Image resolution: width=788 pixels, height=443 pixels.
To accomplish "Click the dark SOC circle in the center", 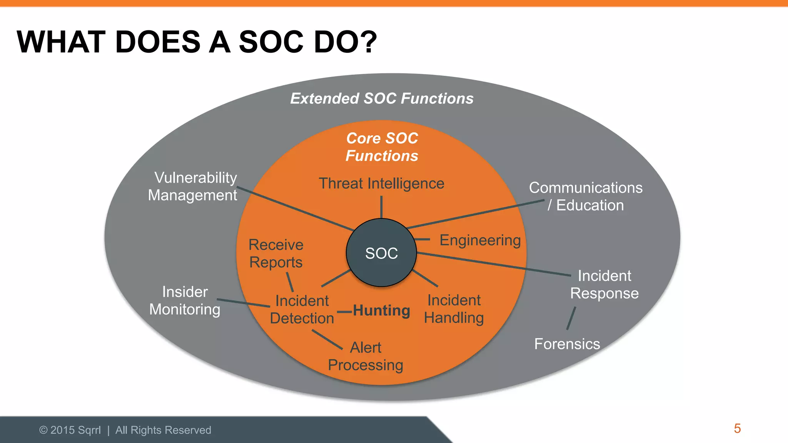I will [381, 253].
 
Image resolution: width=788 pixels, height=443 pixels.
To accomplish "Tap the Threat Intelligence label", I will [381, 184].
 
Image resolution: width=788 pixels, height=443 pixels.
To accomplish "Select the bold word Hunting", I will [381, 310].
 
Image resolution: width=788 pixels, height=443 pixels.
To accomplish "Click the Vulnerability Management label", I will [193, 187].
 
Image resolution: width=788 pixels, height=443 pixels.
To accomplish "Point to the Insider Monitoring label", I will [185, 301].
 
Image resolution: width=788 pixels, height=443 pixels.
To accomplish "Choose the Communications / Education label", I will [586, 197].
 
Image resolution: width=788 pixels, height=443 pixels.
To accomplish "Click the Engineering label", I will [480, 240].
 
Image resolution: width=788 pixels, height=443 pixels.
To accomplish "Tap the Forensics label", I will [567, 344].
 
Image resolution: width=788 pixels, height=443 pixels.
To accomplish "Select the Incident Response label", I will [604, 285].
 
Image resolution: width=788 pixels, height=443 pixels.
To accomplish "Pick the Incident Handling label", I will [454, 309].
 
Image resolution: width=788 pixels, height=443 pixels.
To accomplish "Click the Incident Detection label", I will [302, 310].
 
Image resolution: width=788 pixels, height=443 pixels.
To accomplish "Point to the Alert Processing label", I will [366, 356].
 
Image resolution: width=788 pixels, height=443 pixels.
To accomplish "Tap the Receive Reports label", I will [276, 253].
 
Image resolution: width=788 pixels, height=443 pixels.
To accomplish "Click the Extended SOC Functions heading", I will [382, 98].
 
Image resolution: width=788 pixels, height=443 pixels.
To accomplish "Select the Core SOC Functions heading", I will [382, 147].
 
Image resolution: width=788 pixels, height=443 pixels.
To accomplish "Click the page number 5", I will [737, 428].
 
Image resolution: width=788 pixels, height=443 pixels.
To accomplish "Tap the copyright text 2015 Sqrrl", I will [70, 430].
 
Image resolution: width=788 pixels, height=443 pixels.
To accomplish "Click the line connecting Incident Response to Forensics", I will [571, 318].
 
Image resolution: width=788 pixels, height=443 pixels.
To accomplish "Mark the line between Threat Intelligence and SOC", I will [381, 207].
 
